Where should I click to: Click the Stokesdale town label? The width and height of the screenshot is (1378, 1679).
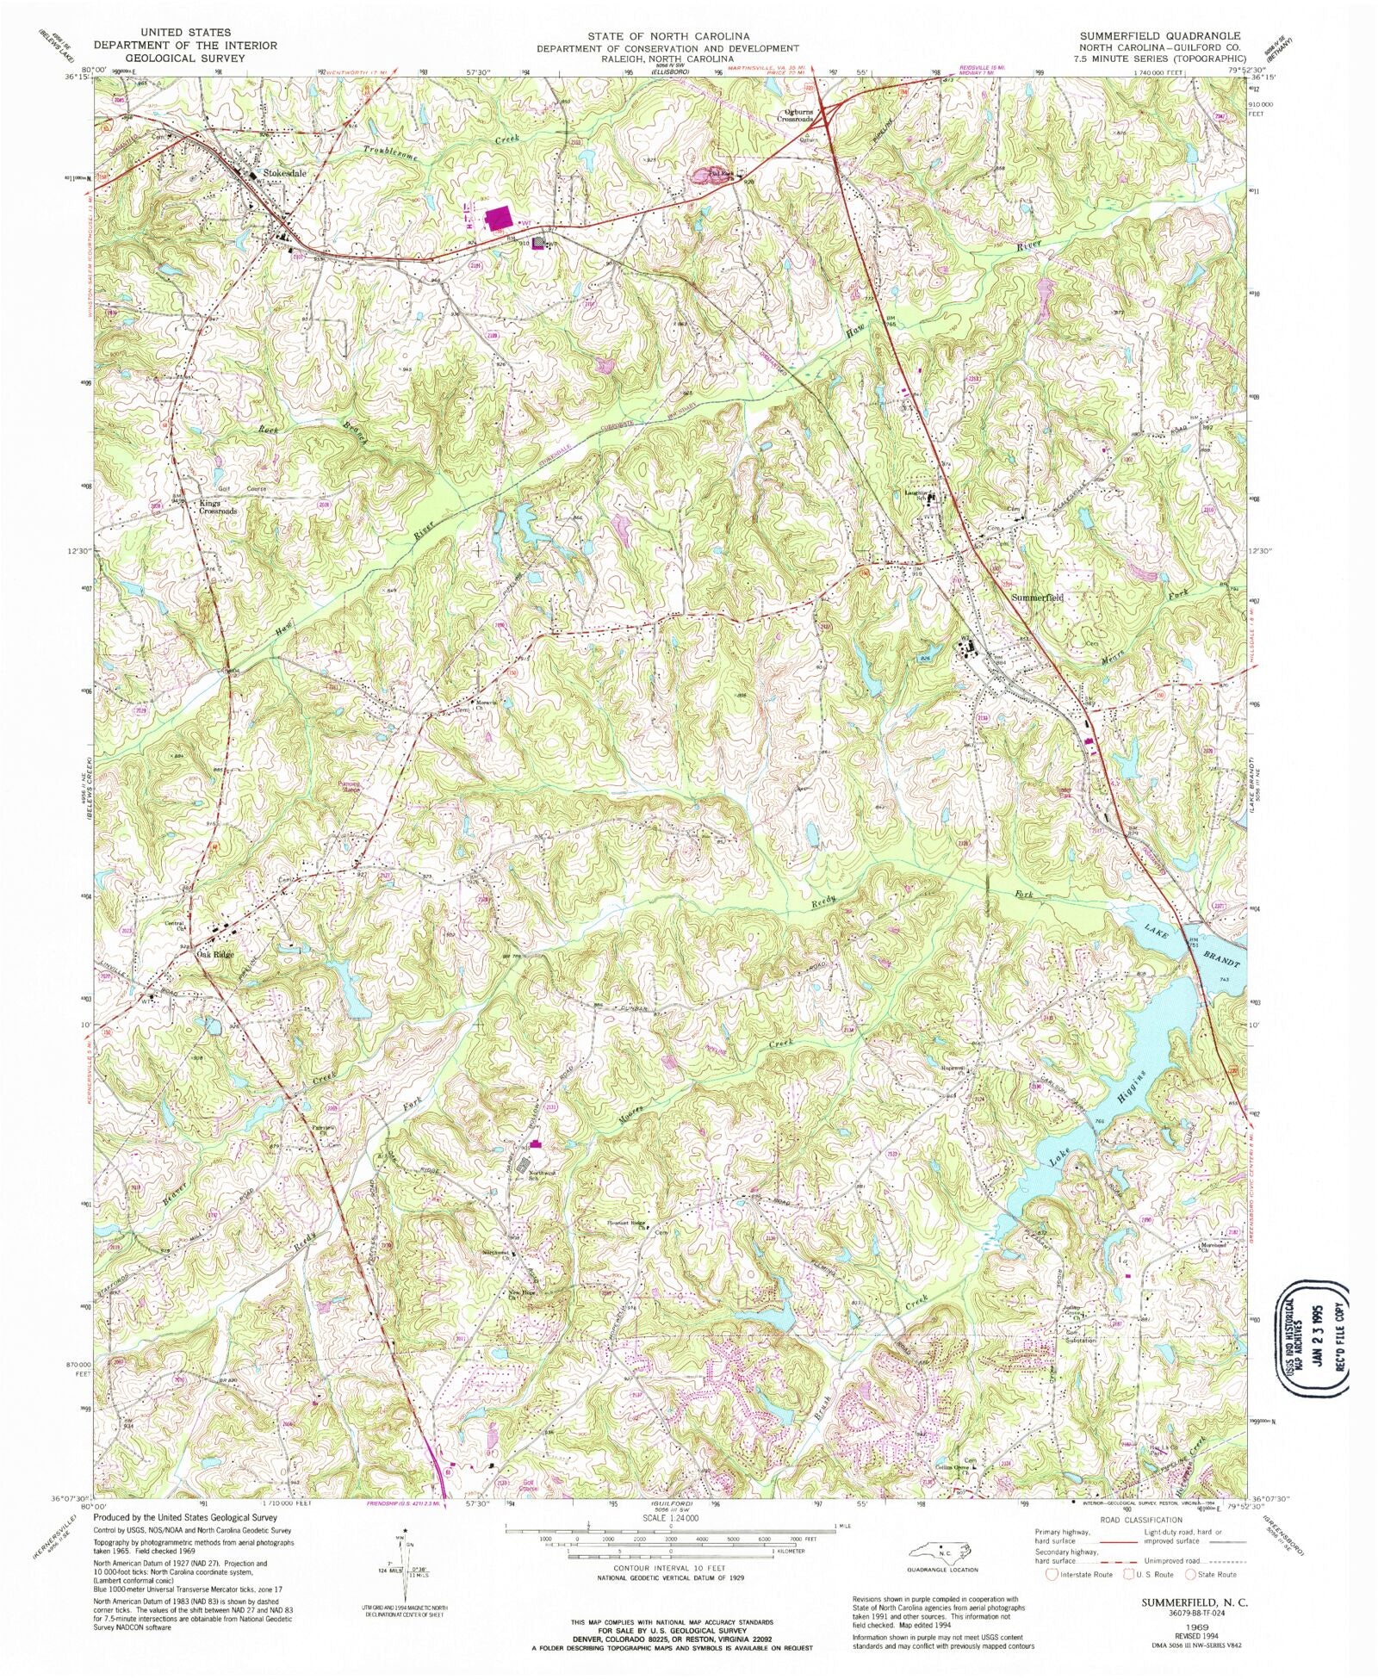click(x=285, y=173)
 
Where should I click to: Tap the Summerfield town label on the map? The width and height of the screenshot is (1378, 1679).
click(x=1037, y=597)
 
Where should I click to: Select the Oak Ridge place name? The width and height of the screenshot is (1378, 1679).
click(x=214, y=955)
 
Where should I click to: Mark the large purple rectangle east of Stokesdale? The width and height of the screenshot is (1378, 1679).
click(x=498, y=219)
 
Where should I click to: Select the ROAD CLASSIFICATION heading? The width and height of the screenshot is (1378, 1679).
click(x=1139, y=1520)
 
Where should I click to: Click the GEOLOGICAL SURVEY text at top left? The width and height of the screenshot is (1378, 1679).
click(x=185, y=58)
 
